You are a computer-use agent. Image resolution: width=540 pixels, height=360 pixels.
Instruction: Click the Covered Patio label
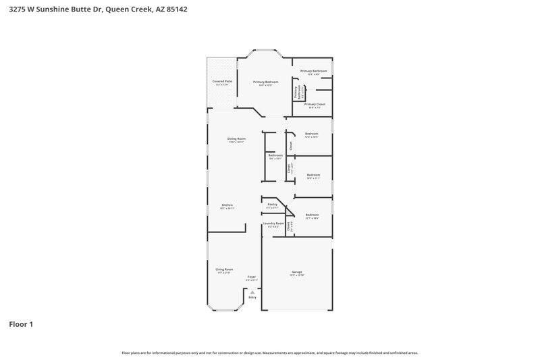222,81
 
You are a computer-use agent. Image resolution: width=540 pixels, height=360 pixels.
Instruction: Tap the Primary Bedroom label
266,82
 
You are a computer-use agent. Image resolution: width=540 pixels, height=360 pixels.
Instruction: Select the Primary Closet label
315,104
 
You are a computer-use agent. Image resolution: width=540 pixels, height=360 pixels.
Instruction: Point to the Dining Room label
236,138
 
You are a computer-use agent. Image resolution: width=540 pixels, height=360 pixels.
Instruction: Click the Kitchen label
227,205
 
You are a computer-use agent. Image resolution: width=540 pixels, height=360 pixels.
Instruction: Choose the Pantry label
273,204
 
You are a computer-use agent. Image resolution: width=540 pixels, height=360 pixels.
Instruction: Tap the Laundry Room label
273,223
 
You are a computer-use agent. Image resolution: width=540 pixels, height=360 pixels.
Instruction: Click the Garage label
297,272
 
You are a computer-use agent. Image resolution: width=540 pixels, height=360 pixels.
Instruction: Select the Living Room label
224,269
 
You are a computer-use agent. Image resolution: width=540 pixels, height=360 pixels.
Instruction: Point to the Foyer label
252,276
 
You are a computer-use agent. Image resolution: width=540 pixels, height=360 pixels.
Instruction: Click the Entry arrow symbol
252,292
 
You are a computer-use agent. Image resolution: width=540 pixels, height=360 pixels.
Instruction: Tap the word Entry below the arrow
252,297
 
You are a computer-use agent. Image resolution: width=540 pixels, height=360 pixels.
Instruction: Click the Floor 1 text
21,324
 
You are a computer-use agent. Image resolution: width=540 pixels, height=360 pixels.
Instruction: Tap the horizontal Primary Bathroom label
314,71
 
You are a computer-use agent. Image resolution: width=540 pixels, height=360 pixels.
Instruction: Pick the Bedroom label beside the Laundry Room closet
312,215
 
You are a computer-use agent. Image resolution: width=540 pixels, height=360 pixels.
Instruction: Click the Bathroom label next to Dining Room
275,155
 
